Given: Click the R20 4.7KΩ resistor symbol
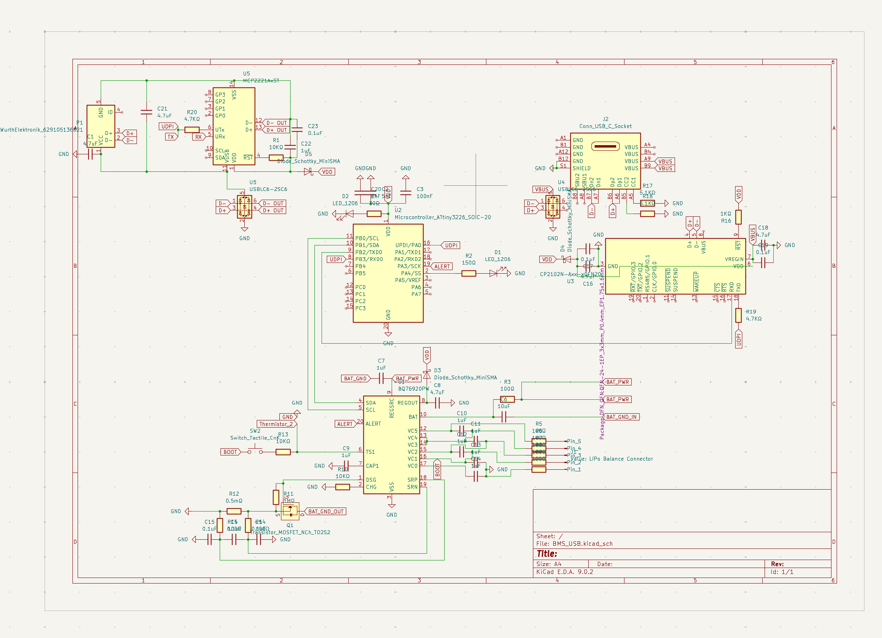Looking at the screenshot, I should point(192,130).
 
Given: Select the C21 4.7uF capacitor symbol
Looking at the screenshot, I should point(146,112).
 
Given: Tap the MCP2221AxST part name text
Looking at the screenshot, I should point(261,81).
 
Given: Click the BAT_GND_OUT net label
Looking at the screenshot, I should point(326,512).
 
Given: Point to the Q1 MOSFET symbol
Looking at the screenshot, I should point(290,511).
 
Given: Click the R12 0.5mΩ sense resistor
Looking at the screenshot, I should point(234,511).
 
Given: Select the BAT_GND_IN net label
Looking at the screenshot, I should point(621,417).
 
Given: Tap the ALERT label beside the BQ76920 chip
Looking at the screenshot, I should point(345,424).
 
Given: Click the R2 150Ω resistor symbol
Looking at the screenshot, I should point(468,273).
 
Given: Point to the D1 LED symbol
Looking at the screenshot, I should point(494,273).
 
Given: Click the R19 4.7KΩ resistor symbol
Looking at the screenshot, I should point(738,315).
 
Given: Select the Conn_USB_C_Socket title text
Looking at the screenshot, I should point(605,126).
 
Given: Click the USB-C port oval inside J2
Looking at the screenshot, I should point(605,146).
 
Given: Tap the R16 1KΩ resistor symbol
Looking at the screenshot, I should point(738,217).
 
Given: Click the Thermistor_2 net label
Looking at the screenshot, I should point(276,424).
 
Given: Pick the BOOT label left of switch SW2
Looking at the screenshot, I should point(230,452).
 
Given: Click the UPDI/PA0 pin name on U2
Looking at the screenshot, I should point(408,245).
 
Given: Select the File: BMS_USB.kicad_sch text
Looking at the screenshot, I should point(574,544).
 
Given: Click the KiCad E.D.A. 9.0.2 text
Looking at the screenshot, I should point(564,572).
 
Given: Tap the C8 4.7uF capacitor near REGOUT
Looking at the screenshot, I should point(437,403).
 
